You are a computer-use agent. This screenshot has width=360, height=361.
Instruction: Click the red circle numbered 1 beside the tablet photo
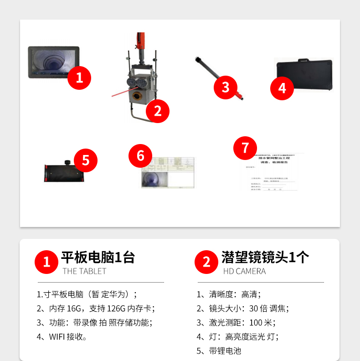pos(79,77)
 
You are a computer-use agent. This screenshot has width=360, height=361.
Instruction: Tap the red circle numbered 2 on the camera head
pos(158,111)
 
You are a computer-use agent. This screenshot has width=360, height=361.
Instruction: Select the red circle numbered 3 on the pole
pos(226,86)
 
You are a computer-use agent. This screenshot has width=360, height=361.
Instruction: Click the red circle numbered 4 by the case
pos(283,88)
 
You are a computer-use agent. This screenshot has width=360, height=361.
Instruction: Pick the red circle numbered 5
pos(86,160)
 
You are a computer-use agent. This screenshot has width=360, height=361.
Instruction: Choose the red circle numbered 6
pos(140,156)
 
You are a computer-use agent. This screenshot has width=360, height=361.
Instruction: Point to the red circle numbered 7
pos(245,147)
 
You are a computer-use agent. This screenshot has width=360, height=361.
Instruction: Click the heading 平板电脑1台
pos(98,258)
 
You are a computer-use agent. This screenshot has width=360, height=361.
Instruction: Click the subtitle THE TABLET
pos(84,271)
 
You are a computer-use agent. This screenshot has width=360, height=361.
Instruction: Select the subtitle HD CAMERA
pos(244,271)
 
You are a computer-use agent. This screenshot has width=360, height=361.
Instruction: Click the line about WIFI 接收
pos(62,337)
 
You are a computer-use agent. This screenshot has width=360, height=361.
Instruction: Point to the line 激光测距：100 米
pos(236,323)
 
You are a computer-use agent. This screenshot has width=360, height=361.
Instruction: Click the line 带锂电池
pos(219,351)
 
